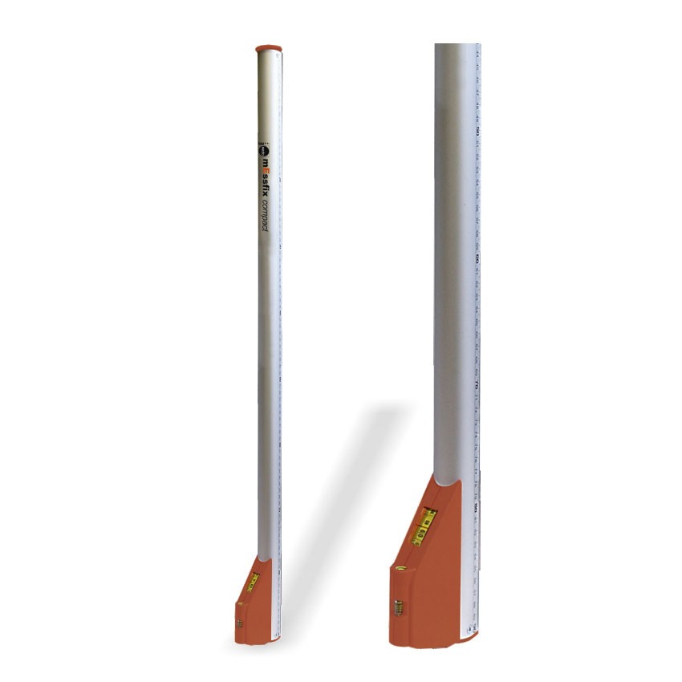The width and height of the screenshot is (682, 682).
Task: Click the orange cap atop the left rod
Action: click(270, 49)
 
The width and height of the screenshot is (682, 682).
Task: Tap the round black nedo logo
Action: click(264, 148)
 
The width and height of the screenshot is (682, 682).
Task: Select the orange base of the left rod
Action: click(255, 610)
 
